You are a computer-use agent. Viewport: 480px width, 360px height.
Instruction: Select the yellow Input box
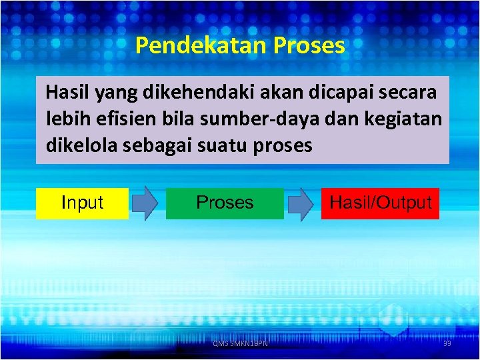point(82,203)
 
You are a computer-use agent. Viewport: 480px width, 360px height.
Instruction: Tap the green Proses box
point(225,203)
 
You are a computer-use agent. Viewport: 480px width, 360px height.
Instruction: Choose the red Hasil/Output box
point(381,203)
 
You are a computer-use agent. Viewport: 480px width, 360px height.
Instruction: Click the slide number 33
point(447,343)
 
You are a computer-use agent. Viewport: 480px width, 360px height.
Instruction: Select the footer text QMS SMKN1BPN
point(240,343)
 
